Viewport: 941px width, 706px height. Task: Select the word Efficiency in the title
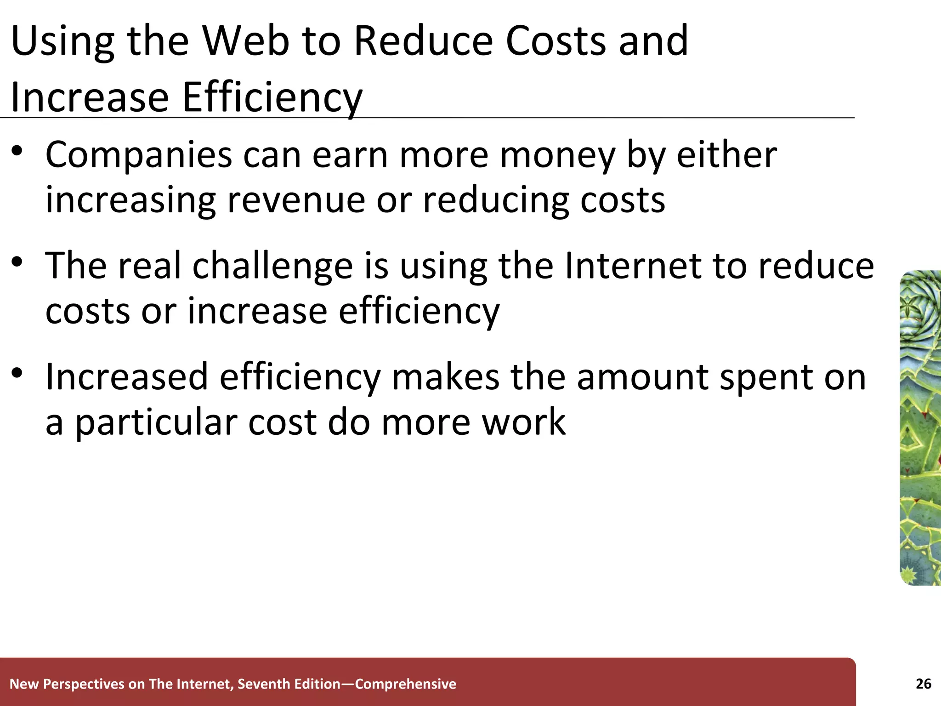272,97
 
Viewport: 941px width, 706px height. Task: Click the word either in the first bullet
726,155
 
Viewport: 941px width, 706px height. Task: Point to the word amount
642,377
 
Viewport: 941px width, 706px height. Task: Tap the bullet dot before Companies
17,151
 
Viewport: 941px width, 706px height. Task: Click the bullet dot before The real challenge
17,262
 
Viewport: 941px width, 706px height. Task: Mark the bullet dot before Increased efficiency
17,373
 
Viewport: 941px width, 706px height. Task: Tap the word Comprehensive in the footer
406,684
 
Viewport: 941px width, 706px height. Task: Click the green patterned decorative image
920,427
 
